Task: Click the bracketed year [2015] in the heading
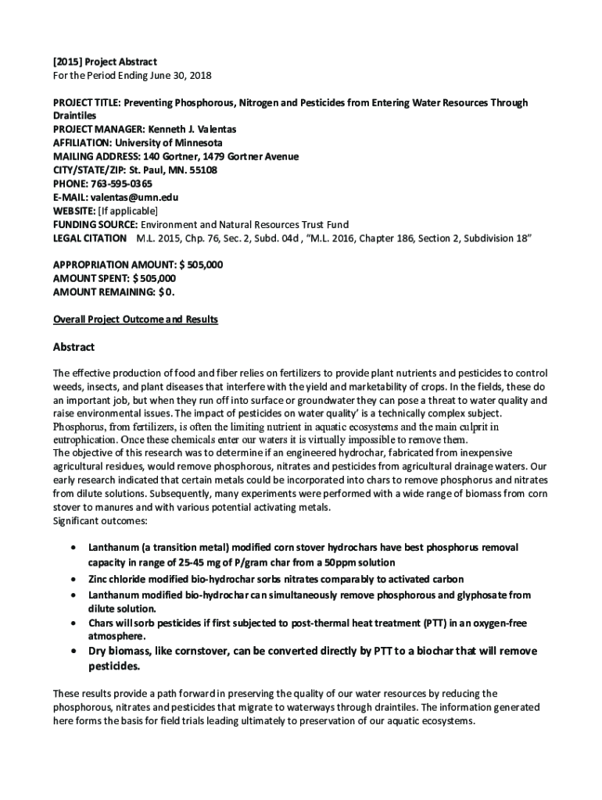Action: (68, 62)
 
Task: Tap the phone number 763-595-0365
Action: (123, 184)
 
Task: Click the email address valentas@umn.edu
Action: (133, 198)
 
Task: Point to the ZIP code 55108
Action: (201, 170)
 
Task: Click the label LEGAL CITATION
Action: (89, 238)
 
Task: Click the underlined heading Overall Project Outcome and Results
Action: (134, 320)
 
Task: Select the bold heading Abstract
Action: (73, 347)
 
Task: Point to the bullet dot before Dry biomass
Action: (73, 652)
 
